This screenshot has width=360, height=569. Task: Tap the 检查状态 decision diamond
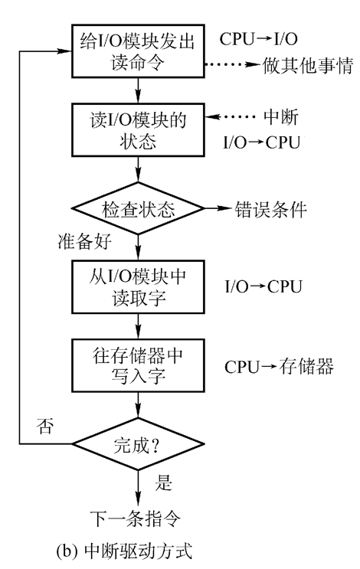point(138,208)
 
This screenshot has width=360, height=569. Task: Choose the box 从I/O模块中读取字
point(138,286)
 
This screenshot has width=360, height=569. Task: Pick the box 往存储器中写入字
point(138,365)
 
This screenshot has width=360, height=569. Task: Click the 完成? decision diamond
point(138,443)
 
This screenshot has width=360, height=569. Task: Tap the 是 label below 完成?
point(163,484)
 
